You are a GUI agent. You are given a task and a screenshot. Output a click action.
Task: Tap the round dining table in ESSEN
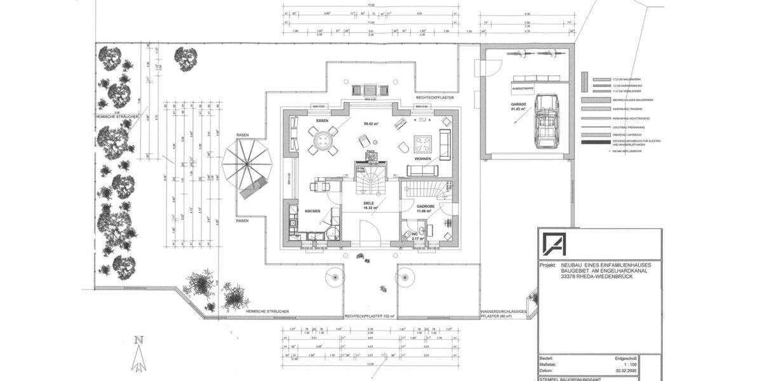[324, 138]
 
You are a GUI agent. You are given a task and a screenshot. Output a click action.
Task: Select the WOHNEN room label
[424, 158]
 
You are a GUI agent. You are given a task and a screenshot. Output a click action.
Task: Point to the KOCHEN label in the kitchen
[312, 211]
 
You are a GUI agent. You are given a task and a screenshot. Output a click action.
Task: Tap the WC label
[416, 234]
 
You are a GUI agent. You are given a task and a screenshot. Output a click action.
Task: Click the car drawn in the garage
[547, 121]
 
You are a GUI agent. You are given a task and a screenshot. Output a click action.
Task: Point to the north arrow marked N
[138, 356]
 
